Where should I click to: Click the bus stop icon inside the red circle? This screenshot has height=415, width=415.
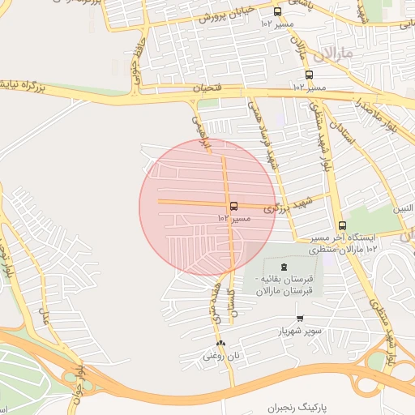[233, 206]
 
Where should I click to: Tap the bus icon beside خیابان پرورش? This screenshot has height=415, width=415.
[278, 12]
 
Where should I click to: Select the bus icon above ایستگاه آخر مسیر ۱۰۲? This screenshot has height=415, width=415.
[341, 226]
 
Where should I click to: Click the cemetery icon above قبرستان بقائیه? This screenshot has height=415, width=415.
[283, 267]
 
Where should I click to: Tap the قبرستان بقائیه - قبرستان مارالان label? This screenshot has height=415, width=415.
[283, 286]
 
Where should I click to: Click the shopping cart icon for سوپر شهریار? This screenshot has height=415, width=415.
[300, 319]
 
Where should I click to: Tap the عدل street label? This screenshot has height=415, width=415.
[44, 308]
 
